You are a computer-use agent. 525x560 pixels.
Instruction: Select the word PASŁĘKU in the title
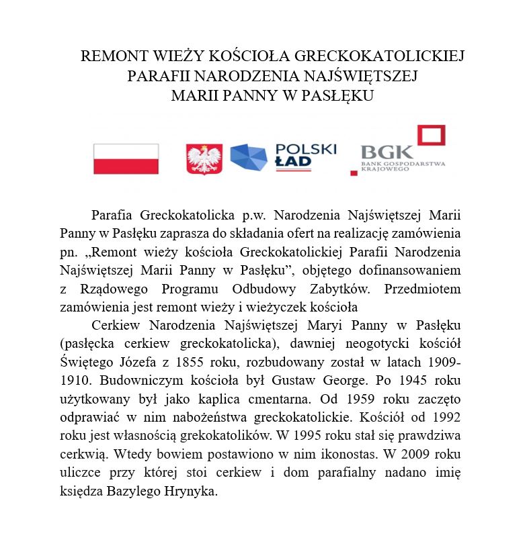(x=339, y=95)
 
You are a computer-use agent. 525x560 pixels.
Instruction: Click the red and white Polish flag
(x=126, y=159)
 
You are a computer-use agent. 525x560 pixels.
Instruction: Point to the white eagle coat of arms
(x=204, y=160)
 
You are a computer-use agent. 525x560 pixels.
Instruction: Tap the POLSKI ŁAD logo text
(x=306, y=156)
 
